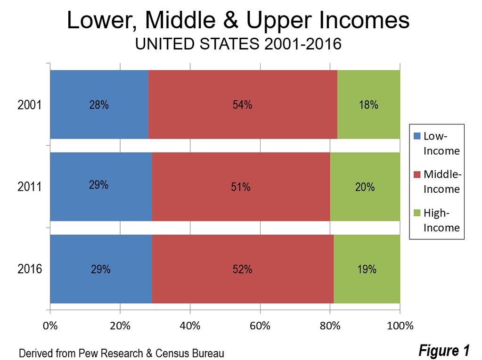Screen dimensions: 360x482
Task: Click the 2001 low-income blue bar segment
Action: pyautogui.click(x=99, y=105)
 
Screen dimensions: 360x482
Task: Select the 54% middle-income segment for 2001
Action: pyautogui.click(x=243, y=105)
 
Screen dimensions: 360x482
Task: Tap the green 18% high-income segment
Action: pyautogui.click(x=368, y=105)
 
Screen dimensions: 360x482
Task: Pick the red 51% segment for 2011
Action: pyautogui.click(x=241, y=187)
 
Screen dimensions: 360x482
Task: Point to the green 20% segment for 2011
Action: pyautogui.click(x=365, y=187)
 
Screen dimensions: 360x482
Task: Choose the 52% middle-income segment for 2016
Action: pyautogui.click(x=243, y=269)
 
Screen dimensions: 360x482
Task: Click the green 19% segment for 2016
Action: pyautogui.click(x=367, y=269)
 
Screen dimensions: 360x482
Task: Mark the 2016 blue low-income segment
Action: pyautogui.click(x=101, y=269)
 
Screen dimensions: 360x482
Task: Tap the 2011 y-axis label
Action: pyautogui.click(x=30, y=187)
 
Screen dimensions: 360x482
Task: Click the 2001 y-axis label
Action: pyautogui.click(x=30, y=105)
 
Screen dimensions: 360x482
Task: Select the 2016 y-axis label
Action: pyautogui.click(x=30, y=270)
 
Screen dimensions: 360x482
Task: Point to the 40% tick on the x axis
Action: pyautogui.click(x=190, y=326)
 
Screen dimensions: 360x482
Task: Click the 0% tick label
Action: pyautogui.click(x=50, y=326)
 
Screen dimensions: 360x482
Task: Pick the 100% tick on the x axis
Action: pyautogui.click(x=400, y=326)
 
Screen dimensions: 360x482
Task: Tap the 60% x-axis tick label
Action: pyautogui.click(x=260, y=326)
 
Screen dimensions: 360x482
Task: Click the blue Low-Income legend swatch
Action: pyautogui.click(x=417, y=137)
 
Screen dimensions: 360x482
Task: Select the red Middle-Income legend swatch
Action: pyautogui.click(x=417, y=175)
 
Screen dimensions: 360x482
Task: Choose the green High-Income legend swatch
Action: pyautogui.click(x=417, y=213)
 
